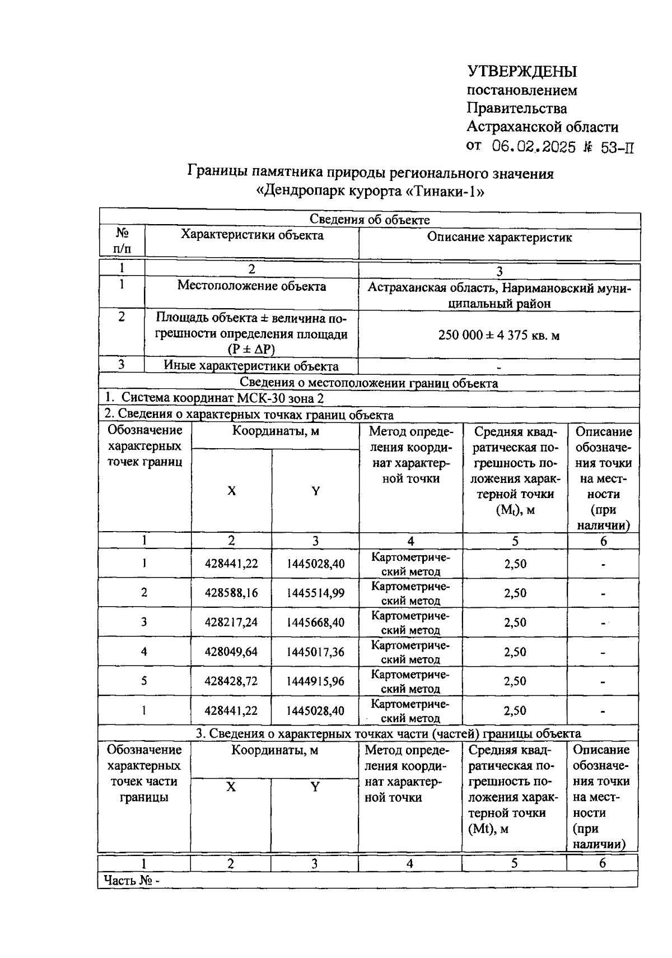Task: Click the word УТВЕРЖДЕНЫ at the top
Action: pos(521,72)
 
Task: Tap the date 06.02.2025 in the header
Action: pos(534,147)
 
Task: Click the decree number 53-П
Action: pos(617,148)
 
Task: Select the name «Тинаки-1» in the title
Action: pos(444,192)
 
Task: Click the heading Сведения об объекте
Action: pos(370,220)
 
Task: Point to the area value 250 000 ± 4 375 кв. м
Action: pos(499,336)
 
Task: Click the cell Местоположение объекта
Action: pos(251,286)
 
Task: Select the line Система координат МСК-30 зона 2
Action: pos(214,398)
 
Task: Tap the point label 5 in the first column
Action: pos(144,681)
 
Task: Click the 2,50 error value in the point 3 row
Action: pos(515,622)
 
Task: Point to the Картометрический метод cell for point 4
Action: pos(410,652)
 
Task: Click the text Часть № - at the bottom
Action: pos(132,880)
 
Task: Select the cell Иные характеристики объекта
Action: pos(251,366)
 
